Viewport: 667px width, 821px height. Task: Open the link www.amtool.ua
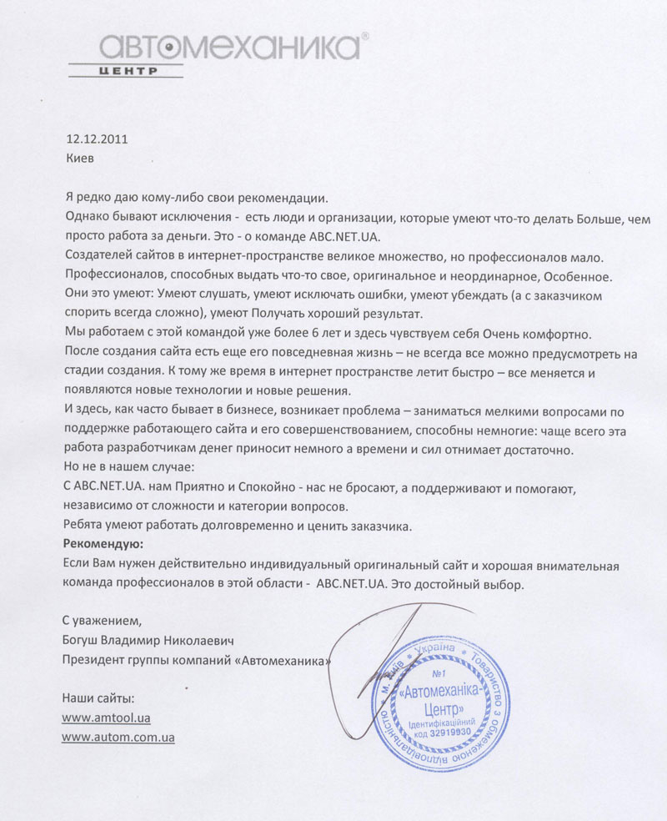[x=106, y=718]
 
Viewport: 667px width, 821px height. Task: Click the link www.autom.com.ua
[x=118, y=738]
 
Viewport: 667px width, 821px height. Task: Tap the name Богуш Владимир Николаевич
[x=148, y=641]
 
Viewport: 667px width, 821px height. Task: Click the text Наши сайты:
[x=98, y=698]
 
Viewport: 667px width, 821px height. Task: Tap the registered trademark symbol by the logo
[x=364, y=38]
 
